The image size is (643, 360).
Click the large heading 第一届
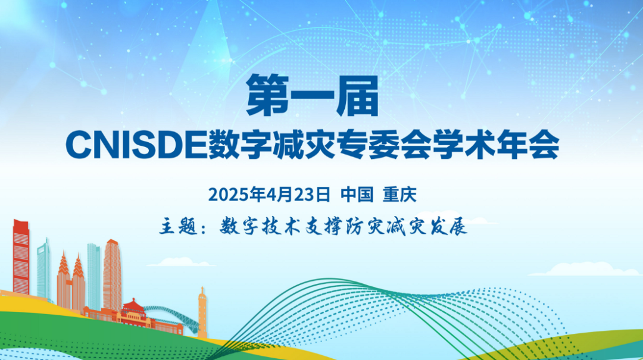(312, 96)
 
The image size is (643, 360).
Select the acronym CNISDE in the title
(136, 145)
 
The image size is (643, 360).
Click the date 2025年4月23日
(269, 195)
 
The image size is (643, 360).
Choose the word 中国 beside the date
(357, 195)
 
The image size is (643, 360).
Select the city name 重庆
(399, 195)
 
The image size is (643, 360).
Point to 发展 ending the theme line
(449, 226)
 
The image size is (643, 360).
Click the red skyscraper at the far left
(21, 257)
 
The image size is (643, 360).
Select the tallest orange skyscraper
(112, 275)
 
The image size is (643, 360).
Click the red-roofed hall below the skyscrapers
(134, 312)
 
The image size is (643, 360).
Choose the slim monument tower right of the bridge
(202, 312)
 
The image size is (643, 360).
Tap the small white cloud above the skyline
(181, 262)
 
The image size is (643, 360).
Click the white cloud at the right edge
(586, 270)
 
